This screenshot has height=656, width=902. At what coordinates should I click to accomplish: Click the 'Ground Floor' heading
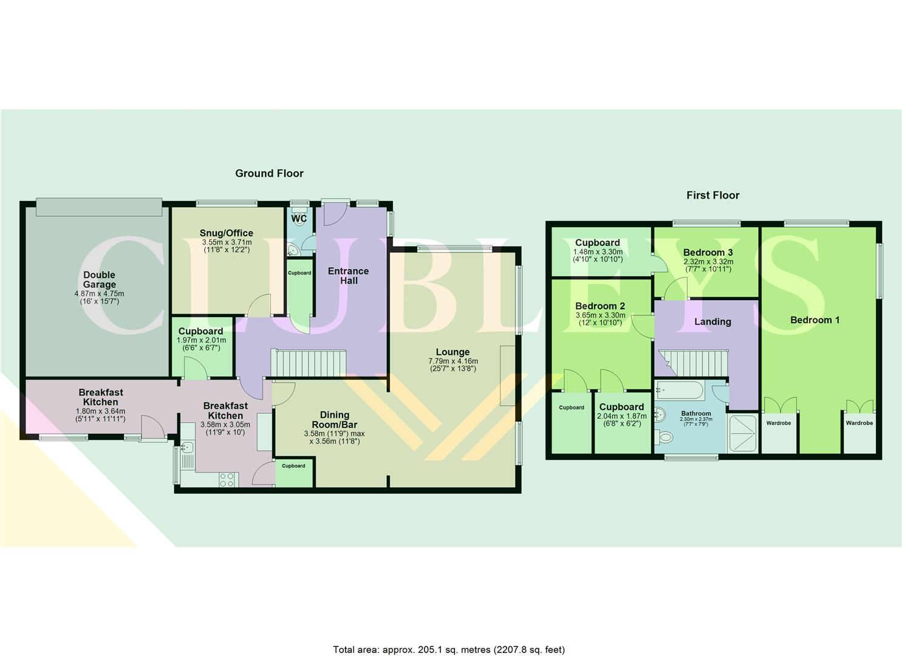click(269, 173)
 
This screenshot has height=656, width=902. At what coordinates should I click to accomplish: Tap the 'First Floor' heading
click(712, 195)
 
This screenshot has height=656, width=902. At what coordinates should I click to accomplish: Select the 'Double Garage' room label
click(99, 279)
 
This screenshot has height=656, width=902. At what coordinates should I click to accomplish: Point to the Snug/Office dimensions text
click(226, 245)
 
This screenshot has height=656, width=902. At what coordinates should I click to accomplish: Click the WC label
click(299, 219)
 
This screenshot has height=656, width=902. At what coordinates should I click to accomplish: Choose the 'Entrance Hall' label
click(348, 276)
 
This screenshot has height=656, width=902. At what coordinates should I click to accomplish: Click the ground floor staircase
click(308, 363)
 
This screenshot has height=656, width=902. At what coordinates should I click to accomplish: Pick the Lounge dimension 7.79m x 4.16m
click(453, 361)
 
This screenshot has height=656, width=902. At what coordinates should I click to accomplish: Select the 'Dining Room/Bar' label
click(334, 420)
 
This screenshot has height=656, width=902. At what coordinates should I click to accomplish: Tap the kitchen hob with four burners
click(227, 480)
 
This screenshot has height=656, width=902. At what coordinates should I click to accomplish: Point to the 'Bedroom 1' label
click(815, 320)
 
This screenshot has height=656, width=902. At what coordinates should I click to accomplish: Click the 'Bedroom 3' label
click(708, 252)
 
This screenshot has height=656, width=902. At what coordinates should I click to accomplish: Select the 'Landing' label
click(712, 321)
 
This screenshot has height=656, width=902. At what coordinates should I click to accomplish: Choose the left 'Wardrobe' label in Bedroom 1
click(778, 423)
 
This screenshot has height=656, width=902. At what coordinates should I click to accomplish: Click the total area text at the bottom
click(449, 650)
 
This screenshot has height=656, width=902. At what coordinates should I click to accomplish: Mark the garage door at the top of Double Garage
click(99, 207)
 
